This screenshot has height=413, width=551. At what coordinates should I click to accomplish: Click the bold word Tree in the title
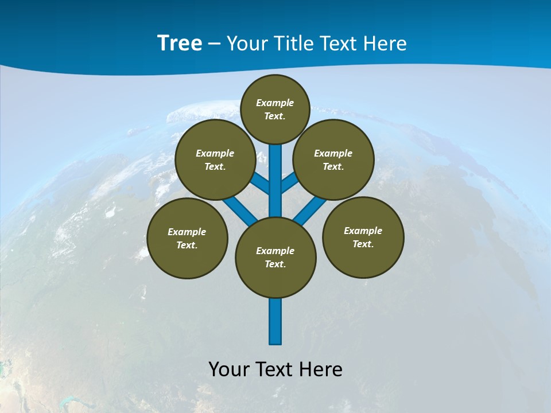click(180, 43)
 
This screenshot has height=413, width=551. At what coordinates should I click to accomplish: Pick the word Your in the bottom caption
click(229, 369)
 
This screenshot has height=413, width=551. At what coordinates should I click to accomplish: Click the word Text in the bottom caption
click(273, 369)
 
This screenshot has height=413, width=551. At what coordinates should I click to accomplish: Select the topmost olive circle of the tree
click(275, 109)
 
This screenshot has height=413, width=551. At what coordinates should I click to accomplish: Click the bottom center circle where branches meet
click(275, 258)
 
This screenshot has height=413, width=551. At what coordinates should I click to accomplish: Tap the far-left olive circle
click(187, 238)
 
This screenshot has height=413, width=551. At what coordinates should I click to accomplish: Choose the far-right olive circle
click(363, 237)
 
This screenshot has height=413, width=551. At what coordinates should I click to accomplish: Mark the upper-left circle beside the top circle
click(215, 159)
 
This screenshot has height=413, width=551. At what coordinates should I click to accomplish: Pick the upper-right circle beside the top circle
click(333, 159)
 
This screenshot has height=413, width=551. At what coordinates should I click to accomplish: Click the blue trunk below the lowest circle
click(275, 321)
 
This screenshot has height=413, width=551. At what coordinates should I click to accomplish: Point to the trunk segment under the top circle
click(275, 172)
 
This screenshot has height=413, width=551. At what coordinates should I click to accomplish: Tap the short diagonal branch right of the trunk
click(289, 184)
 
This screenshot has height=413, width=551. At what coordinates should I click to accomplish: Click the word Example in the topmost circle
click(275, 103)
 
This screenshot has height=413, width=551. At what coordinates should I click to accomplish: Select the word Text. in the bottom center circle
click(275, 264)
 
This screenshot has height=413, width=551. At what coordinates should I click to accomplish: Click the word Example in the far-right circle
click(363, 231)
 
